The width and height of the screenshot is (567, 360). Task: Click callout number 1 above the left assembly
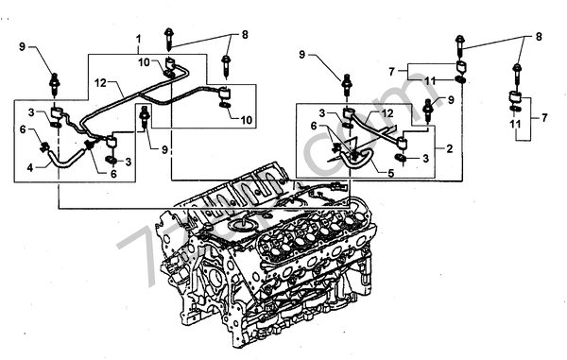(138, 41)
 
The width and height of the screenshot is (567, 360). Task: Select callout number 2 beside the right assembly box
(451, 149)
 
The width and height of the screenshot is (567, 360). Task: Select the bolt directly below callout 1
(168, 39)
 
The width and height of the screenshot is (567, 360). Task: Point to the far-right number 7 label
(545, 120)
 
